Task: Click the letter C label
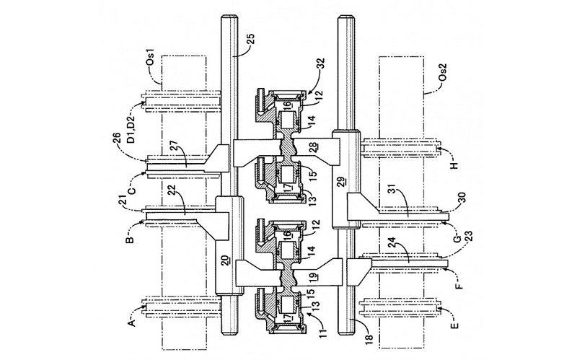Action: point(133,190)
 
